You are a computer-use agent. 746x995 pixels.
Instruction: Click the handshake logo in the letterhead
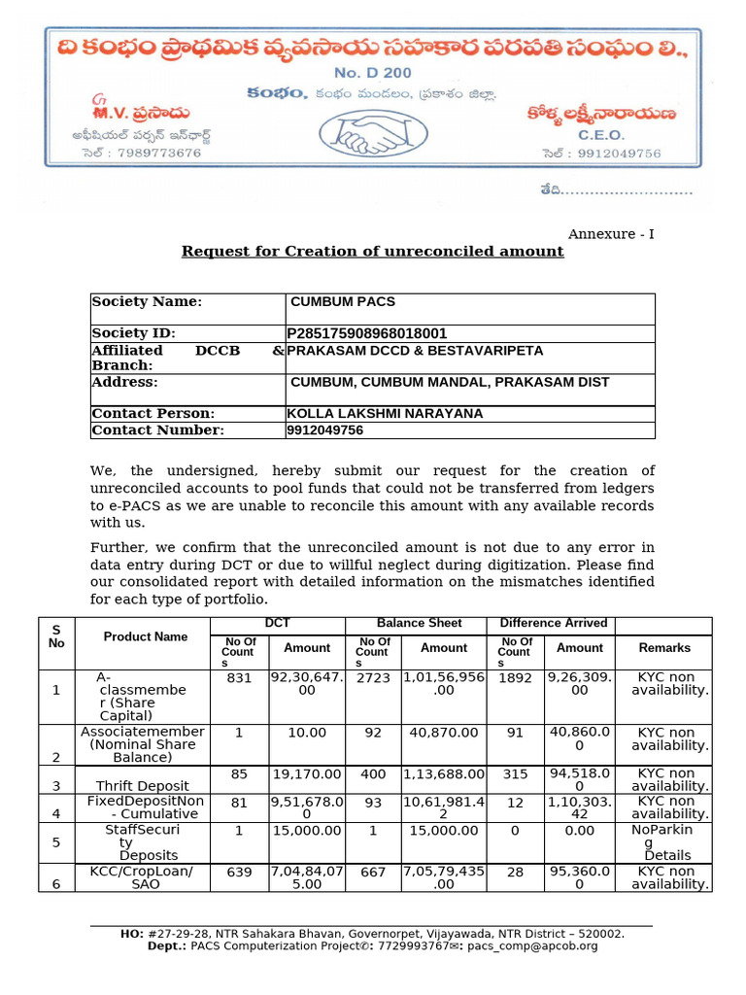pos(372,138)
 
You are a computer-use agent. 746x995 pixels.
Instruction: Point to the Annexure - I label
pos(611,234)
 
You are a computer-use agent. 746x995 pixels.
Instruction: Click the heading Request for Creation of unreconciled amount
pos(373,252)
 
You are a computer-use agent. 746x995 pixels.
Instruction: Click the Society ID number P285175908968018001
pos(367,333)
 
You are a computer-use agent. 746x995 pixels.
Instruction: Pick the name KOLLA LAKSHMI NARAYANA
pos(385,414)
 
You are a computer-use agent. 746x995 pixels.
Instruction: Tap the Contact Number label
pos(157,430)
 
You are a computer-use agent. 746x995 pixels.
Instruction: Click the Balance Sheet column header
pos(419,624)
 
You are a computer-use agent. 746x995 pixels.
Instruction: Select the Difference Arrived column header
pos(553,624)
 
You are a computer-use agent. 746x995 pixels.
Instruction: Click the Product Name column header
pos(146,637)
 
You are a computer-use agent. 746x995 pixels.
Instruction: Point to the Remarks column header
pos(664,648)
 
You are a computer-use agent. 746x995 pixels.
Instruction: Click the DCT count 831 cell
pos(239,678)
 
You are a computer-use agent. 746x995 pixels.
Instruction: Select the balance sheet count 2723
pos(373,678)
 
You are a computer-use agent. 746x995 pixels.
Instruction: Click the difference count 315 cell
pos(515,774)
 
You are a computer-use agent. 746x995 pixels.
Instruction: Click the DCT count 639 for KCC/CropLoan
pos(239,873)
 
